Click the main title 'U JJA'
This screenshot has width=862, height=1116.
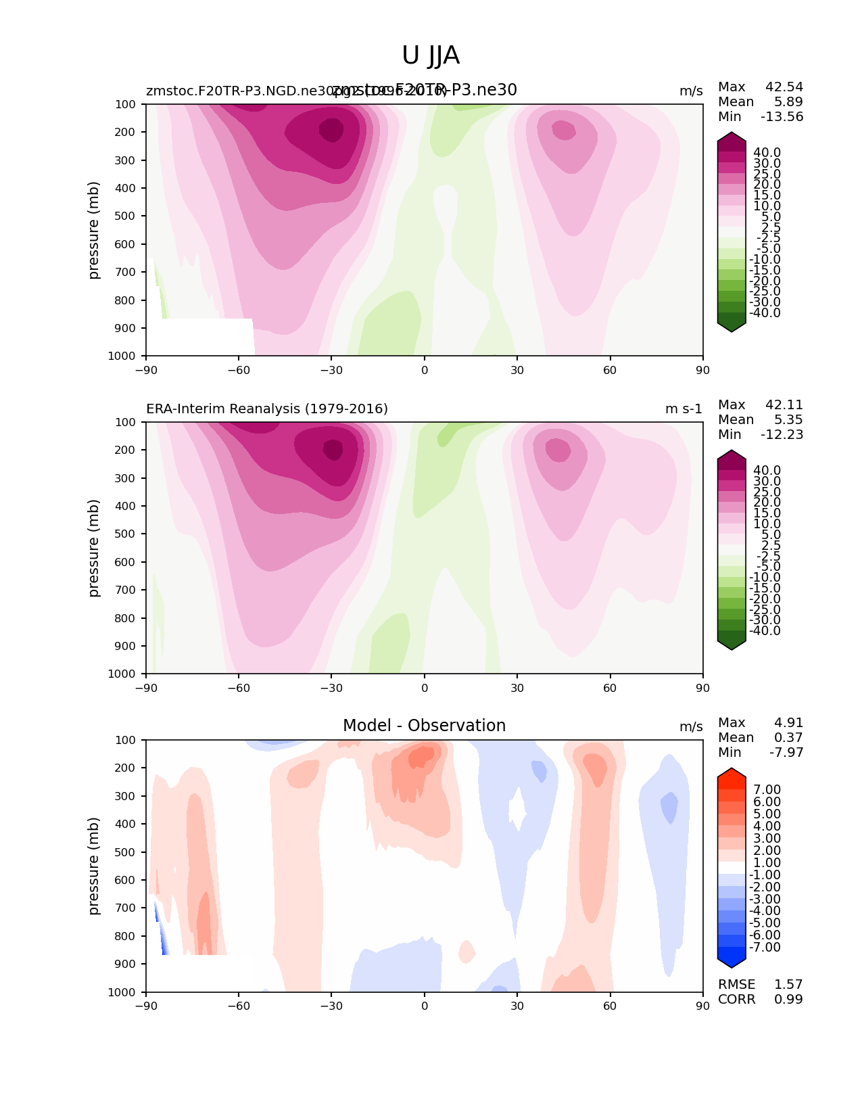tap(431, 55)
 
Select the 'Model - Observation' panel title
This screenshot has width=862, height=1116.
tap(424, 726)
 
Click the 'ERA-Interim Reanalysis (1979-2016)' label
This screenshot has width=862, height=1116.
tap(267, 409)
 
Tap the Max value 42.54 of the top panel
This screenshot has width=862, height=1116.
tap(784, 87)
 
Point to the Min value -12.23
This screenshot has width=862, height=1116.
tap(782, 435)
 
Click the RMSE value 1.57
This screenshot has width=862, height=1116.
tap(788, 985)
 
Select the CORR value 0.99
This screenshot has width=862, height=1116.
tap(788, 1000)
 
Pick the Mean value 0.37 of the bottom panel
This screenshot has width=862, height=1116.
tap(788, 738)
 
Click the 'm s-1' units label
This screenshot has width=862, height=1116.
tap(684, 409)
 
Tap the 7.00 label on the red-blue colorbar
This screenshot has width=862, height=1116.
tap(767, 790)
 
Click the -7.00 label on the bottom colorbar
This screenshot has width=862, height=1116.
tap(765, 948)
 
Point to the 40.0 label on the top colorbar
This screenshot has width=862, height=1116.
tap(767, 153)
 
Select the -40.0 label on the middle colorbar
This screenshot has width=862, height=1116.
tap(765, 631)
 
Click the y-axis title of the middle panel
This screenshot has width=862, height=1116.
tap(94, 548)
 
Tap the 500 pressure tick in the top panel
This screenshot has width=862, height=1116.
tap(126, 216)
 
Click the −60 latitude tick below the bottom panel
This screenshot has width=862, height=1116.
tap(238, 1006)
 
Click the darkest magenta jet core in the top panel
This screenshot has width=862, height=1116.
tap(331, 129)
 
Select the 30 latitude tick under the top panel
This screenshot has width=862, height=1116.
tap(517, 370)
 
